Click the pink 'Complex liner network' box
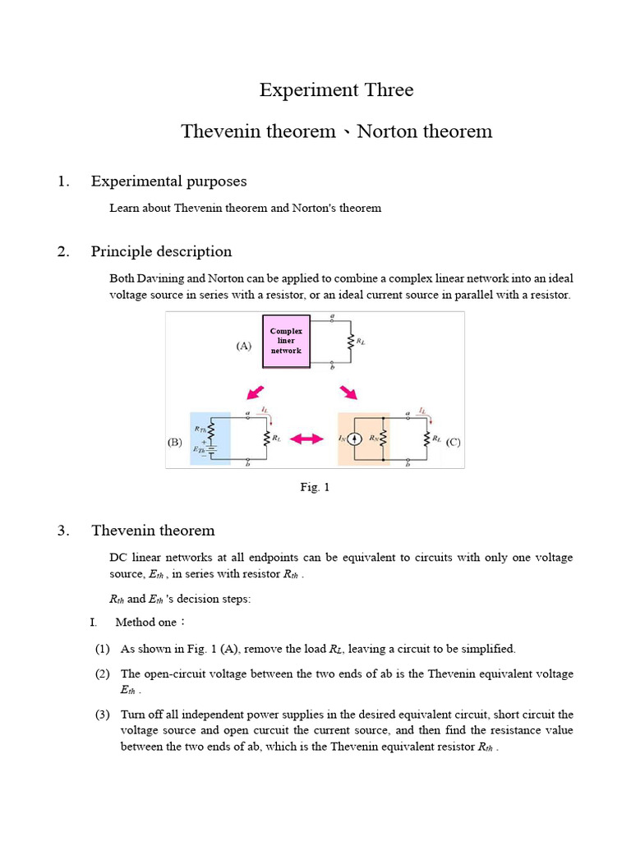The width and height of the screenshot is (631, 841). click(x=287, y=340)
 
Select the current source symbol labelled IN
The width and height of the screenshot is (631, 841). click(x=353, y=439)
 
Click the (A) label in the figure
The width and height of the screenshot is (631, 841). click(x=243, y=346)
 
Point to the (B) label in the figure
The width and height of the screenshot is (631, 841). click(x=175, y=442)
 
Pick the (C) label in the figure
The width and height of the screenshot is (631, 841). click(x=453, y=442)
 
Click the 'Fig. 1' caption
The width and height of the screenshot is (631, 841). click(x=315, y=487)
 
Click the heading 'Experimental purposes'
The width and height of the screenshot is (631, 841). click(x=168, y=181)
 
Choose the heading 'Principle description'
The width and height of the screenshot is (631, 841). click(x=161, y=251)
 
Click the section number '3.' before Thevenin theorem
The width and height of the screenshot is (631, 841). click(x=63, y=531)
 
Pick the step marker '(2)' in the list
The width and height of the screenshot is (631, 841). click(x=103, y=674)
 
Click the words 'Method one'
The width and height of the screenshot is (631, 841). click(x=146, y=623)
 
